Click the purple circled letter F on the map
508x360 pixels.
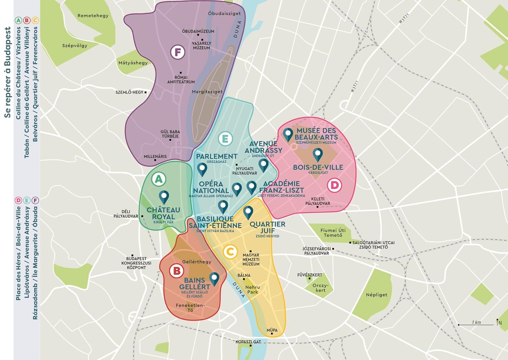click(177, 52)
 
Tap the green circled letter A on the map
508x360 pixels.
click(159, 179)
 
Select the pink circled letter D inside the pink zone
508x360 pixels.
click(334, 185)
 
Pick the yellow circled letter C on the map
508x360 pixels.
click(230, 252)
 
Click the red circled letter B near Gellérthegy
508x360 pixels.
click(176, 271)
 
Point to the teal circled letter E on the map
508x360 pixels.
click(225, 139)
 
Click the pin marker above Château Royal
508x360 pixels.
click(164, 197)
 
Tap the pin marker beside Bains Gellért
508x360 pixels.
click(214, 279)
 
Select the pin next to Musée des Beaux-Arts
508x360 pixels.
click(288, 134)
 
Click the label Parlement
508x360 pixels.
click(217, 156)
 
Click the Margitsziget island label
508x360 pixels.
click(207, 92)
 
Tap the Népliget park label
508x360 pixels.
click(377, 295)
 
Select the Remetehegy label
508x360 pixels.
click(93, 16)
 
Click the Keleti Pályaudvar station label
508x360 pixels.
click(318, 201)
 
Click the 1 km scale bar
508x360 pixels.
click(476, 324)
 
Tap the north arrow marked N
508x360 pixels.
click(498, 322)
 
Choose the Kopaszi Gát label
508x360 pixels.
click(248, 342)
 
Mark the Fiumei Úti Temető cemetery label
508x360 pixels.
click(333, 233)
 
